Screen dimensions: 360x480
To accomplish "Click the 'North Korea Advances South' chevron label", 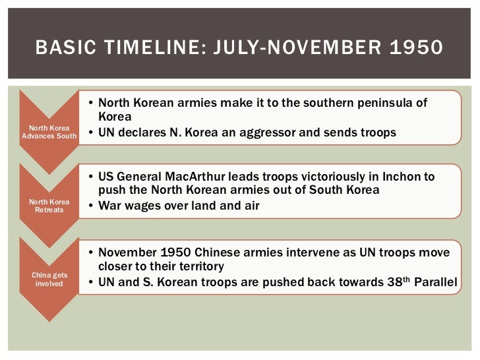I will point(49,132).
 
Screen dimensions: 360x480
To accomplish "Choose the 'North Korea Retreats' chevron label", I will point(49,205).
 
